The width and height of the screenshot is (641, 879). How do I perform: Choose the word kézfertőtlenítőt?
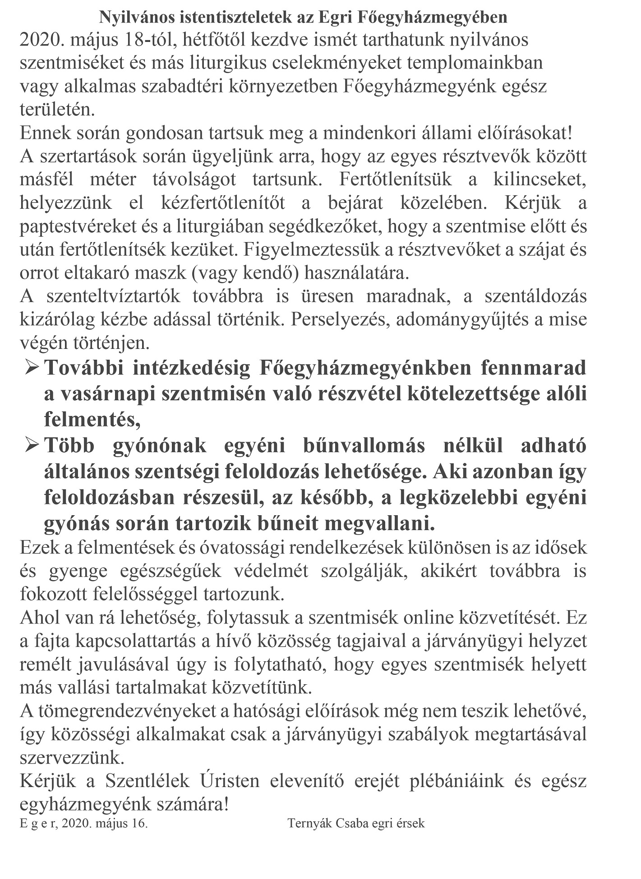223,203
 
